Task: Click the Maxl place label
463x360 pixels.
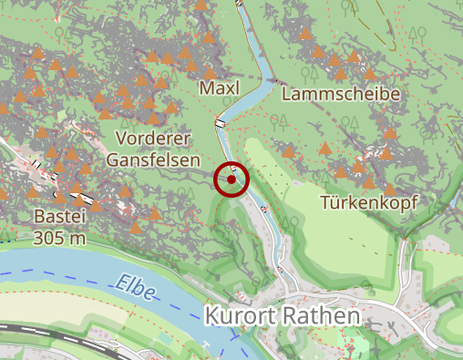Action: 218,87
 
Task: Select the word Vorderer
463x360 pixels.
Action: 152,139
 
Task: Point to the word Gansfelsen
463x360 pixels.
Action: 152,159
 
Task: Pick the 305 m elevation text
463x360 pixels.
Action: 59,238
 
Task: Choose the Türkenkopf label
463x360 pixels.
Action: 368,202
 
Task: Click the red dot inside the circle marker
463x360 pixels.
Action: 232,180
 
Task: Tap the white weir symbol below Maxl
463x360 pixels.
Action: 220,122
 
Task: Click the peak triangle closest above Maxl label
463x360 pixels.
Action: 210,72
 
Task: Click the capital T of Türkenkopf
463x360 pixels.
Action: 326,202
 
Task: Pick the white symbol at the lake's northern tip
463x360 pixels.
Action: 240,4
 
